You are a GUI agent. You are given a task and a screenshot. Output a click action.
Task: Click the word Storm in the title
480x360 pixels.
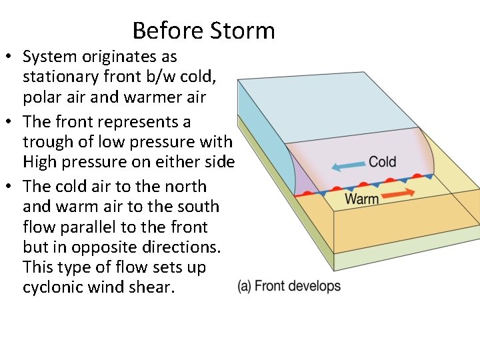[242, 31]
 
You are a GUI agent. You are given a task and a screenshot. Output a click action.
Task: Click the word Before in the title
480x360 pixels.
[168, 31]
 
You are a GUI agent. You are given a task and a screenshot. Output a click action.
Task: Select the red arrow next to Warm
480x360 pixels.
[397, 194]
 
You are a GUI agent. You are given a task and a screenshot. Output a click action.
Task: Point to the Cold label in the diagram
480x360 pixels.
[382, 161]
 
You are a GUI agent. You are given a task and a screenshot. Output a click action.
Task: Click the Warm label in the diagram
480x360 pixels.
[361, 198]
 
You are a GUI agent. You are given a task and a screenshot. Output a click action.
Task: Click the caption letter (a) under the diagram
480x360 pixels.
[244, 287]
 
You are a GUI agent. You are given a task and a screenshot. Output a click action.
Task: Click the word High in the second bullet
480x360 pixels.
[40, 162]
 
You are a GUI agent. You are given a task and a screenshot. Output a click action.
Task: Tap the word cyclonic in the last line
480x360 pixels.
[52, 287]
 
